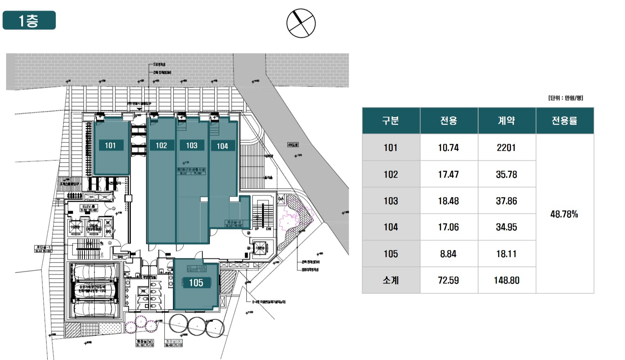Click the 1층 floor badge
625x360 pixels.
click(29, 21)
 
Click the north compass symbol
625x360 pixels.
click(301, 23)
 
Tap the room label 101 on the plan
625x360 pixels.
click(110, 146)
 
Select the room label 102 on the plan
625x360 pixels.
click(161, 146)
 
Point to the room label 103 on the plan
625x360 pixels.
click(192, 146)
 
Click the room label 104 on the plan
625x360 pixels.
click(222, 146)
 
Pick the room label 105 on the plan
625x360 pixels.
click(196, 283)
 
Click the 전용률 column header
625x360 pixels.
click(564, 121)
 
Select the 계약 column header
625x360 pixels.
click(506, 121)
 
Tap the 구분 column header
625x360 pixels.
click(390, 121)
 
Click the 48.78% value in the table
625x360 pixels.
click(564, 214)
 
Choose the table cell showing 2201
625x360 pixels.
click(506, 148)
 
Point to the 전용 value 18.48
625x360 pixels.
click(448, 201)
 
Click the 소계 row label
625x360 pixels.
click(390, 280)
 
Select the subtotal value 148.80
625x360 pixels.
click(506, 280)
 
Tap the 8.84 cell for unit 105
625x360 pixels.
click(448, 254)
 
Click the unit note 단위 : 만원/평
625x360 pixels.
click(565, 98)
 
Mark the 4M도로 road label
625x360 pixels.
click(293, 144)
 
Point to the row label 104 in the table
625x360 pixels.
click(390, 227)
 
